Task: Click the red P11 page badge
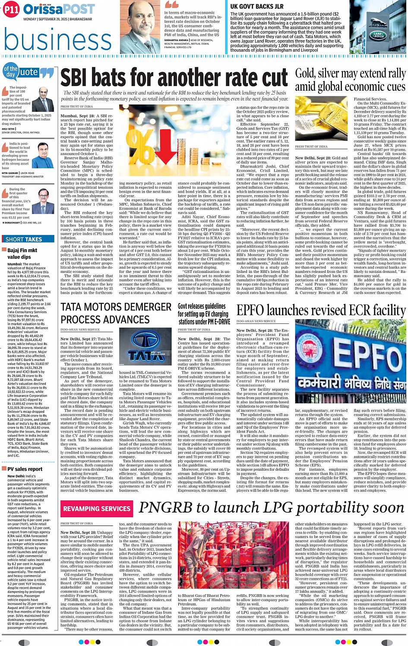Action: pos(11,10)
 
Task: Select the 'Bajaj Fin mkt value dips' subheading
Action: pos(22,253)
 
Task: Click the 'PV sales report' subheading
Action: pos(25,469)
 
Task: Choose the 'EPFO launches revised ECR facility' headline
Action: pos(321,310)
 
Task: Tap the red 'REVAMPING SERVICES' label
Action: pos(96,509)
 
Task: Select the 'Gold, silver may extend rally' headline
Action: pos(350,74)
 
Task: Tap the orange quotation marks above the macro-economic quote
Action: pos(171,5)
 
